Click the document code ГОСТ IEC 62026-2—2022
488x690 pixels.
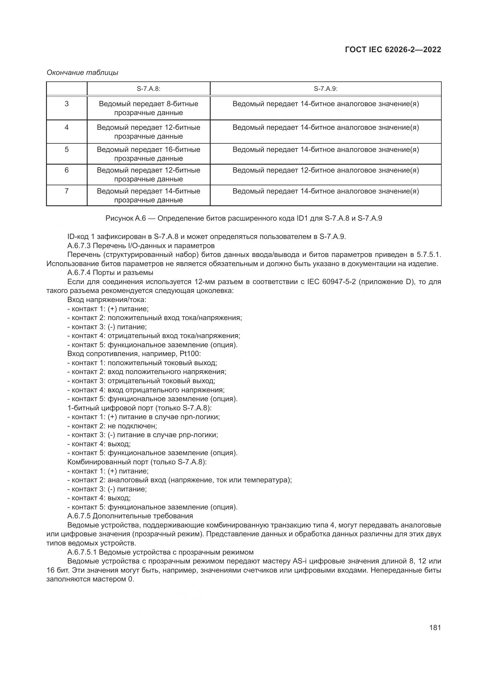pos(393,50)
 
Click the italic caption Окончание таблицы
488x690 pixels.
pos(82,73)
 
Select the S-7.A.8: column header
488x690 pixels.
pos(148,89)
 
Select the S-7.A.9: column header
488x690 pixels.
pos(325,89)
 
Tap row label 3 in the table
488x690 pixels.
pos(66,104)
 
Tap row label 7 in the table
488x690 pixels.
pos(66,191)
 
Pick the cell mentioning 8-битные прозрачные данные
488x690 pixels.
pos(148,108)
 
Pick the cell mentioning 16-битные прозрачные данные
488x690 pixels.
pos(148,154)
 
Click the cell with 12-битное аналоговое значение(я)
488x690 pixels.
pos(325,171)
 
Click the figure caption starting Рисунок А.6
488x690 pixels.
pos(244,219)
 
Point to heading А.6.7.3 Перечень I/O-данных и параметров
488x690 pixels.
pos(141,246)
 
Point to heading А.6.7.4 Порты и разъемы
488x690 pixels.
pos(110,273)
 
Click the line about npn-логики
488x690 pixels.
pos(144,417)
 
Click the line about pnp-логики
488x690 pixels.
pos(143,435)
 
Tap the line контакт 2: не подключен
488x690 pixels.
pos(112,426)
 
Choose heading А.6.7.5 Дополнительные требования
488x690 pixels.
pos(130,516)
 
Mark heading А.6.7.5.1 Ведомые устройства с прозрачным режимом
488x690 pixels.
pos(161,552)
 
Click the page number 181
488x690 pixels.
pos(435,628)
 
